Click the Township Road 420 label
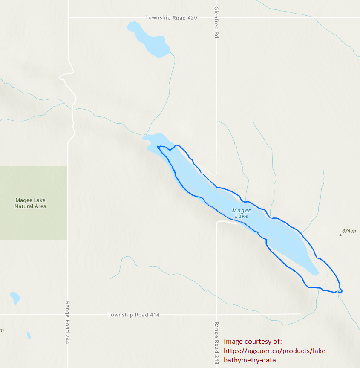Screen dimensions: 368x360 [x=171, y=18]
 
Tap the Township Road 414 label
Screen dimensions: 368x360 [x=133, y=315]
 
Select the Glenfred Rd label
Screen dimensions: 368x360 [x=216, y=23]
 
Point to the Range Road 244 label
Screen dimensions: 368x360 [x=67, y=323]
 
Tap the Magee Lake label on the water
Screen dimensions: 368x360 [x=242, y=213]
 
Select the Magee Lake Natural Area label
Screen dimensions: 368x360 [x=30, y=203]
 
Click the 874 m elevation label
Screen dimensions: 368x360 [x=348, y=231]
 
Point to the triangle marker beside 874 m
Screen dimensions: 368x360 [x=340, y=234]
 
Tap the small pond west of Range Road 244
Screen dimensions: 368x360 [x=15, y=298]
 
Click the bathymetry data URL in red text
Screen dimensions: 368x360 [x=276, y=355]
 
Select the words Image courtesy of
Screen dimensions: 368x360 [x=253, y=342]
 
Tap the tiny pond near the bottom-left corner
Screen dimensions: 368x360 [x=29, y=335]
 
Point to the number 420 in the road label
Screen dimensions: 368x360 [x=192, y=18]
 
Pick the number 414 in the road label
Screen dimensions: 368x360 [x=154, y=315]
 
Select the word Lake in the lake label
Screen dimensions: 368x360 [x=242, y=216]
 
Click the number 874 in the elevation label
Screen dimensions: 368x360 [x=346, y=231]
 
